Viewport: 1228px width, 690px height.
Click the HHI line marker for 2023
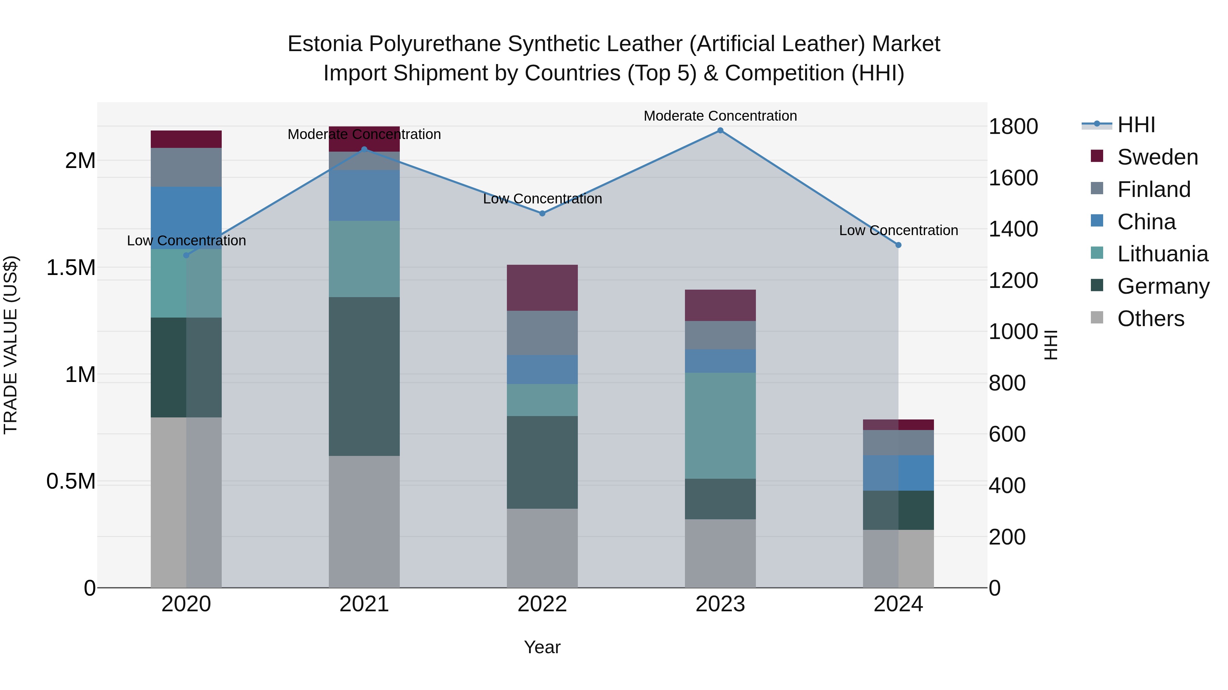click(720, 131)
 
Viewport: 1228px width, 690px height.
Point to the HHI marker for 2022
click(542, 213)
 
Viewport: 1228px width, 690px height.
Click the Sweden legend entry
click(1157, 157)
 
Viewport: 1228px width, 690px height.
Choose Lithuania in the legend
click(1162, 254)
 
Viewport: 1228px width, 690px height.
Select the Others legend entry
click(1150, 319)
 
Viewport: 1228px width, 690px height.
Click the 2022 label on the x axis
click(542, 604)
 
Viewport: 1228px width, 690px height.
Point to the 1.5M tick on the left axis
click(71, 267)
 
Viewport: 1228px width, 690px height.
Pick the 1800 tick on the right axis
click(1013, 127)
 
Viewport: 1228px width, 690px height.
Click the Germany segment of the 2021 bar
click(364, 376)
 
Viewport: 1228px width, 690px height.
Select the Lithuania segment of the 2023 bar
click(720, 425)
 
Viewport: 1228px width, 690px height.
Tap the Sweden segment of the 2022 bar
click(542, 288)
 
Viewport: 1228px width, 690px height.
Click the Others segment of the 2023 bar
click(720, 553)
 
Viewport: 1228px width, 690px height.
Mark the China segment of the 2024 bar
click(898, 473)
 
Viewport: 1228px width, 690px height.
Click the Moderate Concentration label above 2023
click(720, 116)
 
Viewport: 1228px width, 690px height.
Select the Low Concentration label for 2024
click(898, 230)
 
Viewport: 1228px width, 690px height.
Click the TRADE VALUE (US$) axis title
click(11, 345)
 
